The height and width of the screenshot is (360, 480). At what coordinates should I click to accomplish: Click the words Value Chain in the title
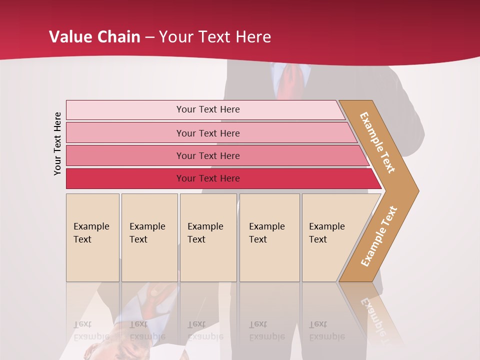(x=94, y=37)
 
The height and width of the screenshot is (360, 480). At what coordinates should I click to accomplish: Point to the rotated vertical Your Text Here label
(x=58, y=143)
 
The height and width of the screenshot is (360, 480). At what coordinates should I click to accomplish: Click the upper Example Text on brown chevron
(x=377, y=142)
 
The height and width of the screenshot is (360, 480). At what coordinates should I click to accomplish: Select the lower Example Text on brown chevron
(x=379, y=236)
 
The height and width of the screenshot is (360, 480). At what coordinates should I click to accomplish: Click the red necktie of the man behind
(x=290, y=80)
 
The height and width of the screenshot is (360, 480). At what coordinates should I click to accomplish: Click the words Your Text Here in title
(x=215, y=37)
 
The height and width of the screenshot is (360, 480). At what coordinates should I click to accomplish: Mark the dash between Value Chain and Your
(x=149, y=37)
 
